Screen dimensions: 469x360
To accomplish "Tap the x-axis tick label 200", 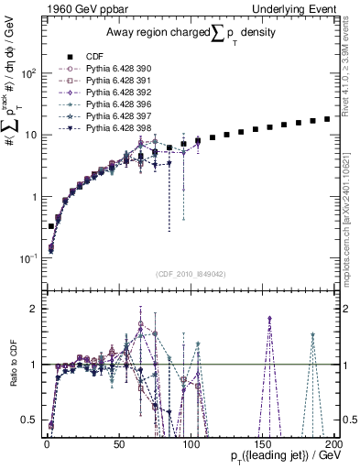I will coord(333,442).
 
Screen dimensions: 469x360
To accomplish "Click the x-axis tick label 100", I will coord(191,442).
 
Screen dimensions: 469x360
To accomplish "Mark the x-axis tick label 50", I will coord(118,442).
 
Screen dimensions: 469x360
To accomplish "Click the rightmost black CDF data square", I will coord(327,119).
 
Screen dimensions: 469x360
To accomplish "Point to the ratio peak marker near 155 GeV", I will coord(269,318).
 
